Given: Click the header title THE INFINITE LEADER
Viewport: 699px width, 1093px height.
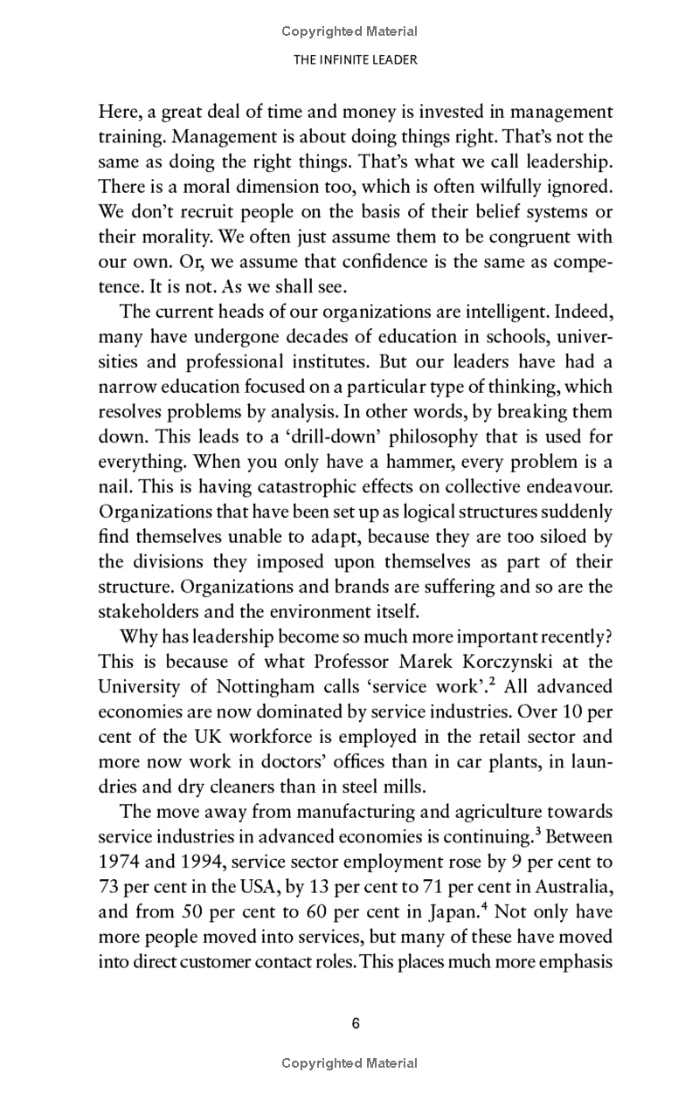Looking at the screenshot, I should [349, 59].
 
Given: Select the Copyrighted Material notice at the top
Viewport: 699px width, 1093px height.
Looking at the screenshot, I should [349, 31].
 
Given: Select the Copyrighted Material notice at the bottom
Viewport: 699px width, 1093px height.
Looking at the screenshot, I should [349, 1063].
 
